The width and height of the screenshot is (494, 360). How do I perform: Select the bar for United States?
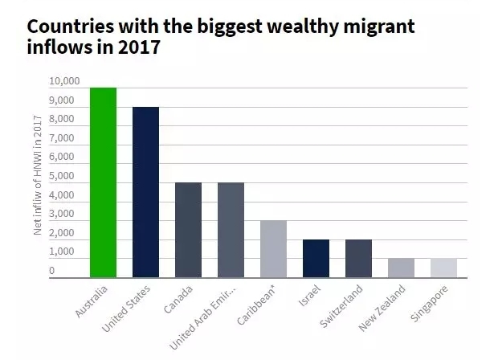click(x=146, y=192)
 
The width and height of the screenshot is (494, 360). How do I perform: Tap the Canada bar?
click(x=188, y=230)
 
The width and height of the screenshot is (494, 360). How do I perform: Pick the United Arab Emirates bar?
click(x=231, y=230)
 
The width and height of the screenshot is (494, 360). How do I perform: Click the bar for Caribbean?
click(x=273, y=248)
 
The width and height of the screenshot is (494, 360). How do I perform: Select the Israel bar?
click(x=316, y=258)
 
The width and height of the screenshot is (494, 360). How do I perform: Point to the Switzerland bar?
click(x=358, y=258)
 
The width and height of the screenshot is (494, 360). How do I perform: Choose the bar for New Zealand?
click(x=400, y=268)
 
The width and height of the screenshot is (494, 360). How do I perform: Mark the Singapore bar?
click(x=443, y=268)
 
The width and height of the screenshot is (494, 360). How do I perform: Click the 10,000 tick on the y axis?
click(x=64, y=82)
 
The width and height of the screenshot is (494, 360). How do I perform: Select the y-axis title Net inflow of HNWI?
click(x=37, y=177)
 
